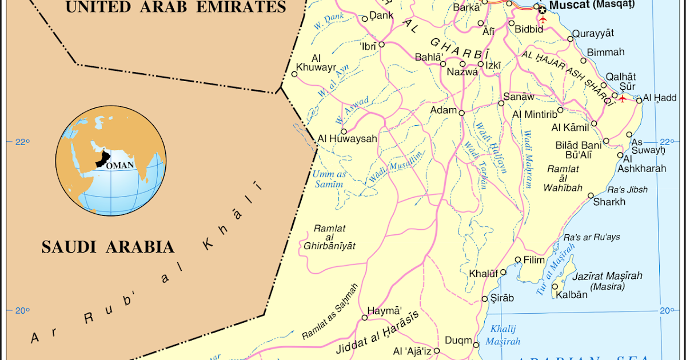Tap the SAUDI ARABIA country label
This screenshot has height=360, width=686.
[107, 247]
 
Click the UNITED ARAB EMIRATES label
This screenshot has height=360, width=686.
[175, 7]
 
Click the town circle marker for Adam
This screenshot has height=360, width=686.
[462, 113]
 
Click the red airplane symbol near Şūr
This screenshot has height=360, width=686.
[622, 99]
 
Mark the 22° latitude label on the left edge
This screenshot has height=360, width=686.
[21, 142]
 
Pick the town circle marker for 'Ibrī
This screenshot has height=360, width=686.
[381, 43]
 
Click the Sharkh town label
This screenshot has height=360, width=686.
[609, 202]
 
